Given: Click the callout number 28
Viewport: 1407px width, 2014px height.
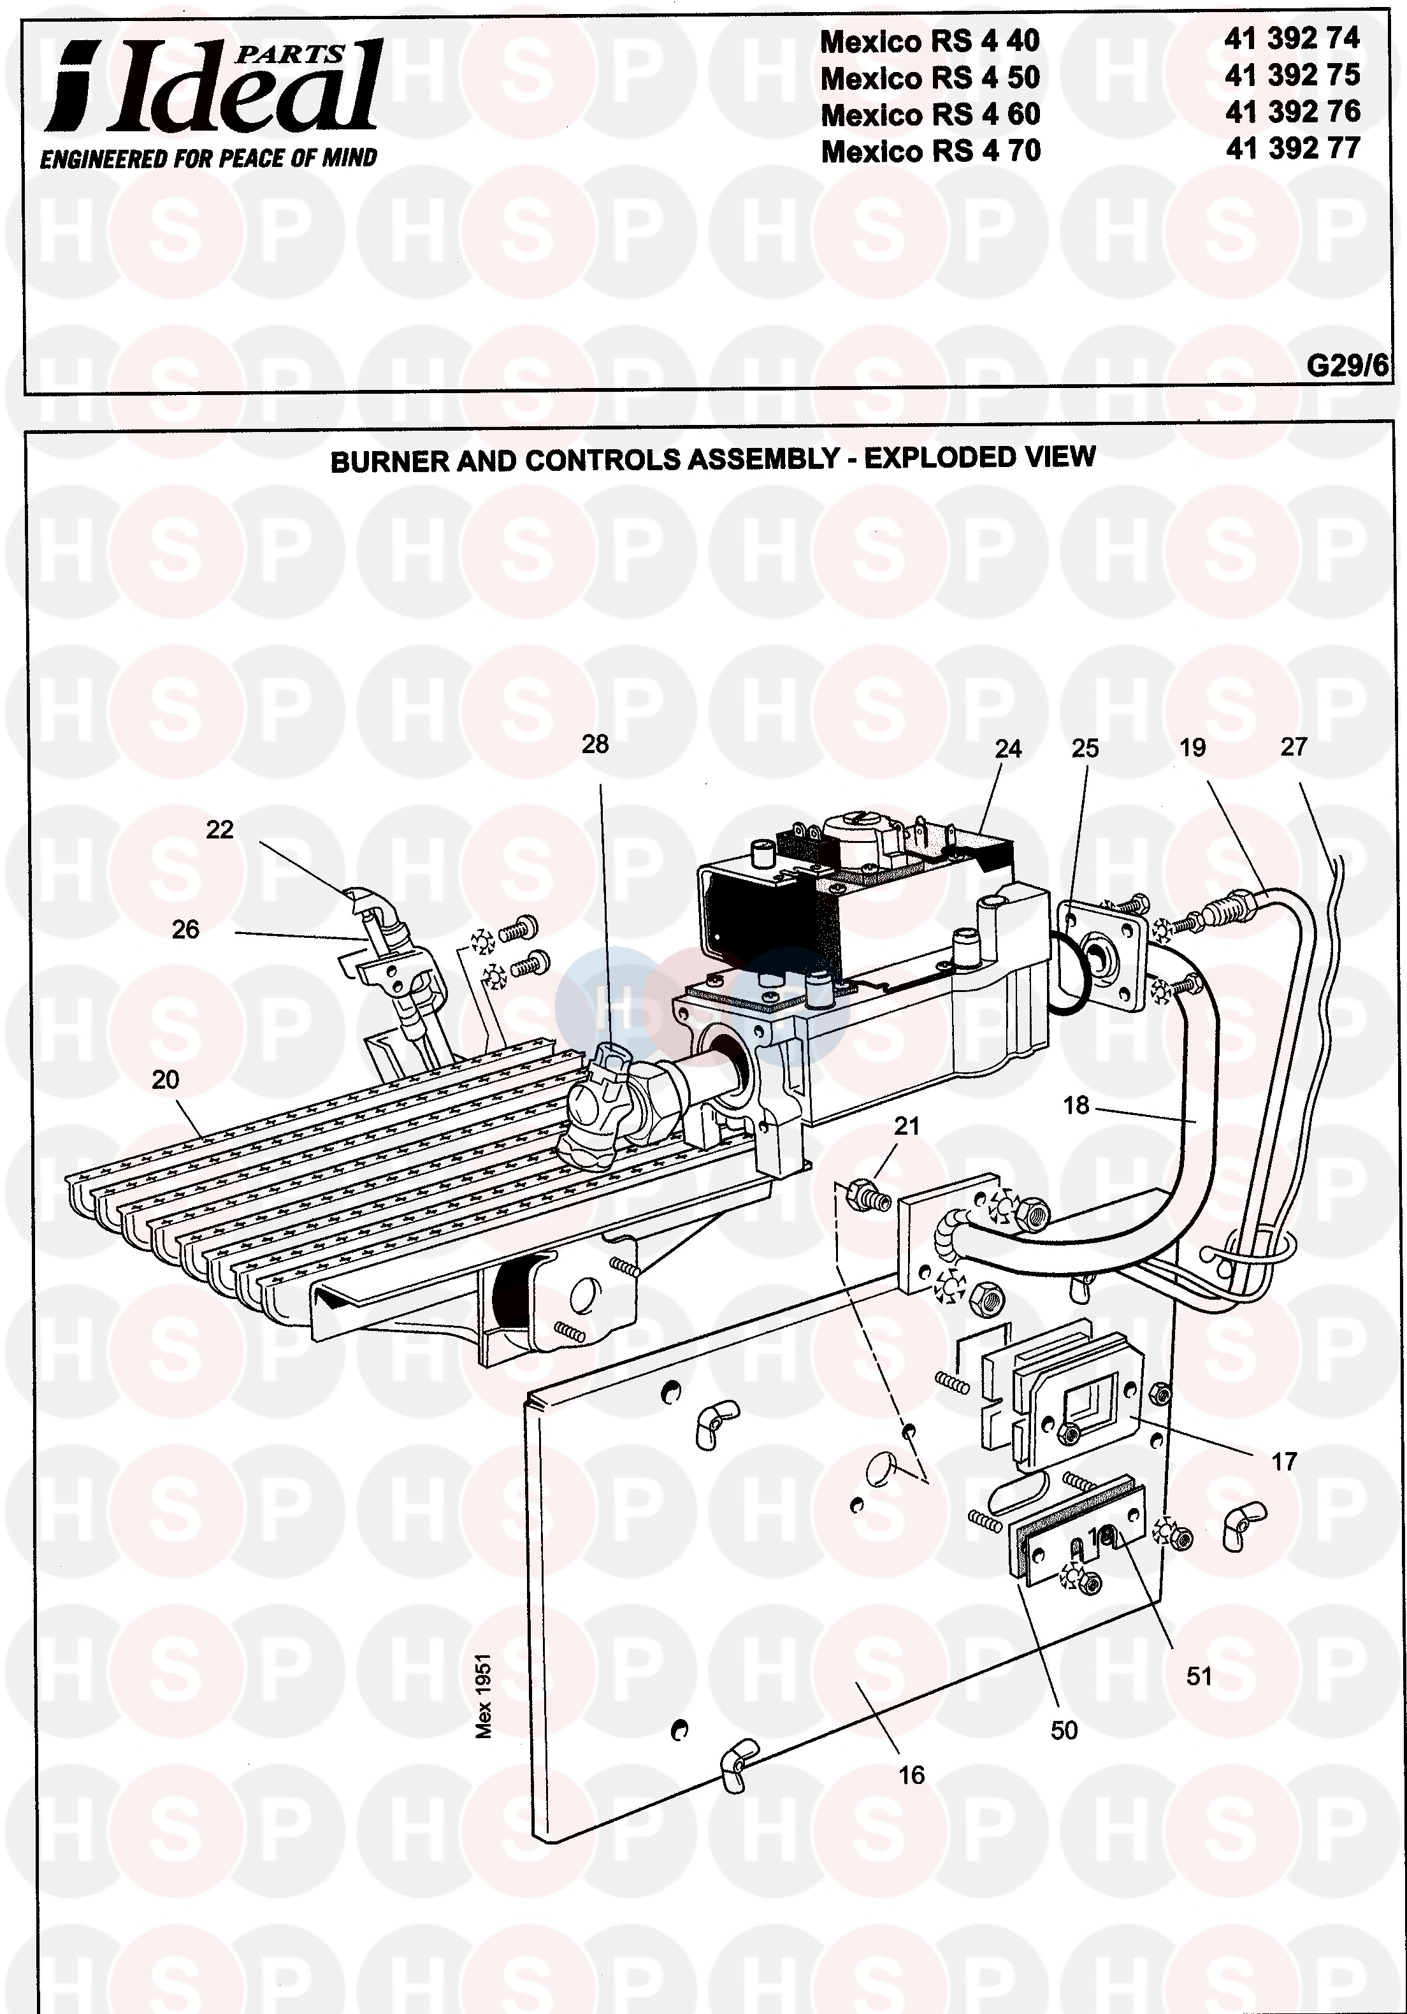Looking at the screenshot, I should coord(595,745).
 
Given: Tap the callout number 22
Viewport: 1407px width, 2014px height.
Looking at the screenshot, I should coord(219,830).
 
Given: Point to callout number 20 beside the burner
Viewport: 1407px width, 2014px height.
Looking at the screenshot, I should coord(165,1080).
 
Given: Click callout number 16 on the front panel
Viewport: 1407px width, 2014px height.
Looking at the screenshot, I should coord(911,1776).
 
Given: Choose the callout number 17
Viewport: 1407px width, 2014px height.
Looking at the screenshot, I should coord(1283,1462).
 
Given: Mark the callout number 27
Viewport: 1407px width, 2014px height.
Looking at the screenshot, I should coord(1294,747).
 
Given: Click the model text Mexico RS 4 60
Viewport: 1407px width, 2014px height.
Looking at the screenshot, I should coord(930,115).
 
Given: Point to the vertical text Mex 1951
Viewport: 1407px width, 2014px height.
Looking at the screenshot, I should coord(483,1695).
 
